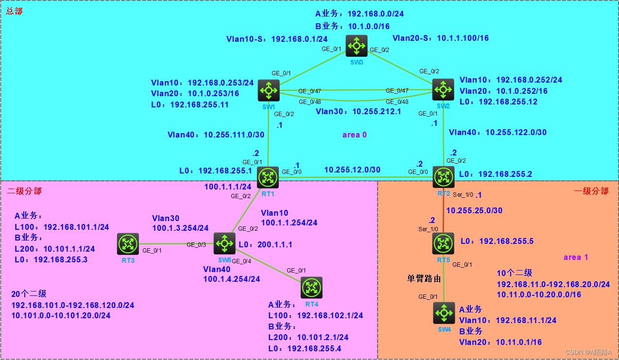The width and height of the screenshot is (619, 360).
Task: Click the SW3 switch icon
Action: (x=356, y=46)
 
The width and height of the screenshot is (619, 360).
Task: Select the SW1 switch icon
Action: (x=268, y=90)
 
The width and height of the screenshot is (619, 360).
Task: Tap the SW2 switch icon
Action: (x=443, y=89)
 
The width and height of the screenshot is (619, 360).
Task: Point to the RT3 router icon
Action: (x=128, y=244)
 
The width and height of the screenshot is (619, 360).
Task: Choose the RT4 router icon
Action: (x=311, y=287)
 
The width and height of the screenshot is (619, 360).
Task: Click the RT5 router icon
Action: (x=443, y=243)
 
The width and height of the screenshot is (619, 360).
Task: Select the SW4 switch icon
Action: (x=443, y=313)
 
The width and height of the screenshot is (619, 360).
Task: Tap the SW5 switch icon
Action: (x=224, y=243)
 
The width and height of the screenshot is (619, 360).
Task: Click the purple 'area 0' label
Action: (x=354, y=135)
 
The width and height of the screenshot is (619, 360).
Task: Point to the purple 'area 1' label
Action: (x=575, y=257)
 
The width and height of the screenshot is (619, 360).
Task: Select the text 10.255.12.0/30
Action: (x=352, y=170)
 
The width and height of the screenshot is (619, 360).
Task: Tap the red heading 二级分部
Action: (x=24, y=191)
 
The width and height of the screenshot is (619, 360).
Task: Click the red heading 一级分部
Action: (x=591, y=191)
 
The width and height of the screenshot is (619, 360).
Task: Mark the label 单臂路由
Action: (x=424, y=279)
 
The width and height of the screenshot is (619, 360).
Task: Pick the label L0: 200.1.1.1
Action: (x=265, y=245)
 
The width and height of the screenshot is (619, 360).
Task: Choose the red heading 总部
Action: (x=14, y=11)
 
